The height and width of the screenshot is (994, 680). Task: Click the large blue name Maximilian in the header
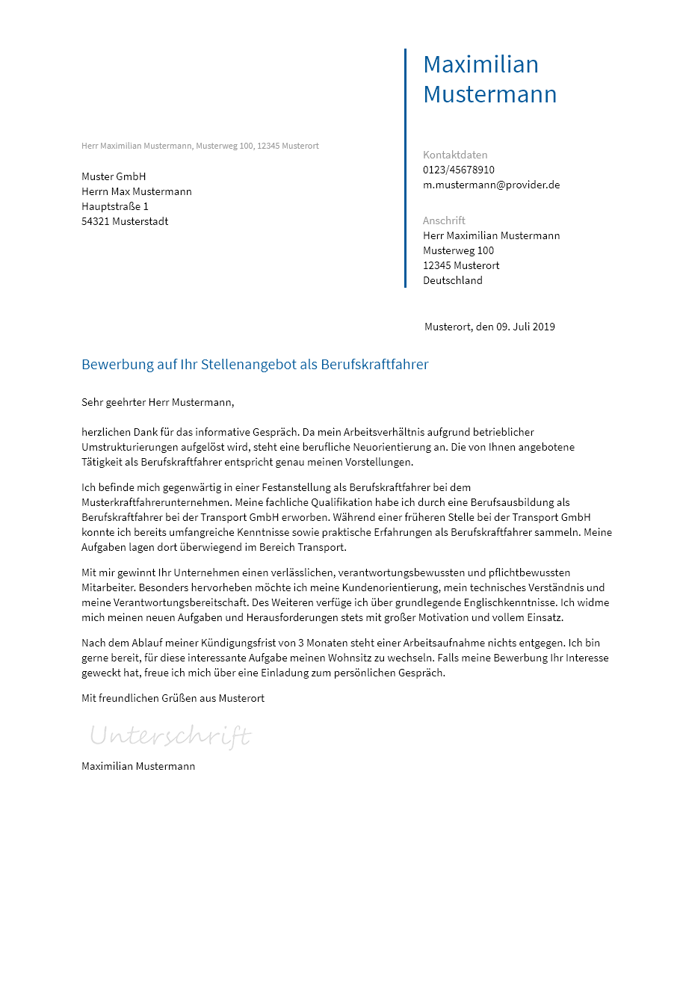(x=480, y=64)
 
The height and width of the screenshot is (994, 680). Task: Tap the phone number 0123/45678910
(x=459, y=170)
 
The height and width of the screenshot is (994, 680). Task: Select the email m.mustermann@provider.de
(x=491, y=185)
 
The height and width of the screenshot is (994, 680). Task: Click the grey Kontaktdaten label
(x=455, y=155)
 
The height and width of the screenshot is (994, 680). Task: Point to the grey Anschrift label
(x=444, y=220)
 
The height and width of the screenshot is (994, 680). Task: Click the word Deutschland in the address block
(x=453, y=280)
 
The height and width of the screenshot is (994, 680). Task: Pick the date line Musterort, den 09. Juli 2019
(x=489, y=327)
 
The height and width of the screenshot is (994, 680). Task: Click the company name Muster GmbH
(x=114, y=176)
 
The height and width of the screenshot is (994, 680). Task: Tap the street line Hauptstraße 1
(x=115, y=206)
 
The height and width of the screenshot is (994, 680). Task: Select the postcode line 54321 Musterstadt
(x=125, y=221)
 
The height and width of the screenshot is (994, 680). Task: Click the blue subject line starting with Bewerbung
(x=255, y=365)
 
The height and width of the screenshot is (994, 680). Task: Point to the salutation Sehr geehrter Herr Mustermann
(x=158, y=402)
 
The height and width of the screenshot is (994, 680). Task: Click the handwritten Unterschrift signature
(x=170, y=736)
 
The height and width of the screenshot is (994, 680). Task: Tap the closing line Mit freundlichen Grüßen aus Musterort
(x=173, y=698)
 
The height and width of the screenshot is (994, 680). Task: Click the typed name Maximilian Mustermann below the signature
(x=138, y=766)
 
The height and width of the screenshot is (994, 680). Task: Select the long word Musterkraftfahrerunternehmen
(x=156, y=502)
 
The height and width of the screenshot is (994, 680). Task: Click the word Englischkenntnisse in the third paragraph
(x=509, y=602)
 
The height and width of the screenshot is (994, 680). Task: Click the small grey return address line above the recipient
(x=200, y=146)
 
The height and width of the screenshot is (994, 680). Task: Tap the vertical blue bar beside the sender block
(x=405, y=168)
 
